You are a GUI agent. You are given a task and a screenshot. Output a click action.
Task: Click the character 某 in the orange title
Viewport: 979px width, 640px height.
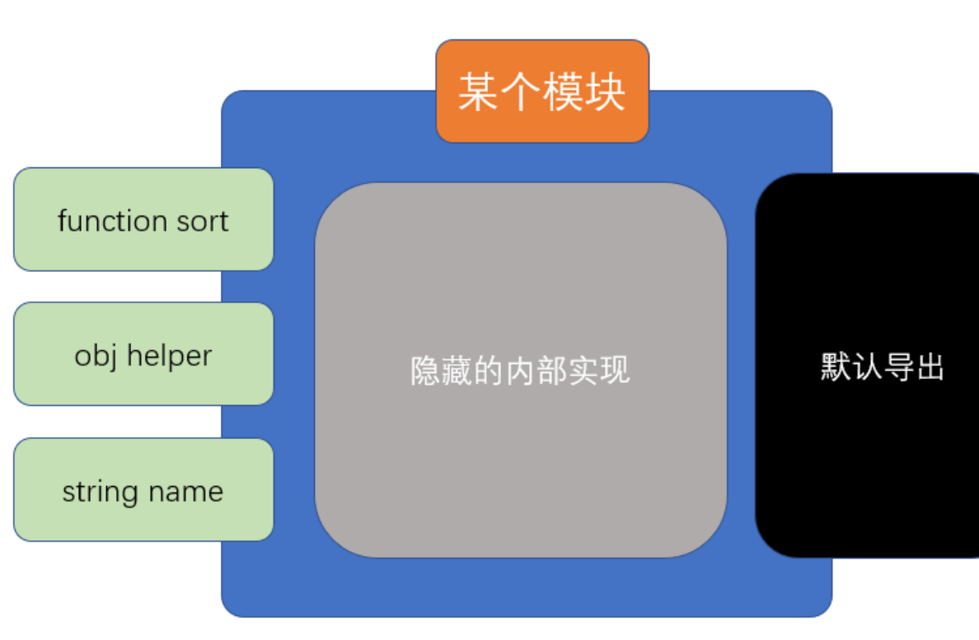click(x=479, y=92)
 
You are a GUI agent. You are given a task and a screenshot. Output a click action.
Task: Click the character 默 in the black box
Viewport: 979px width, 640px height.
click(x=836, y=367)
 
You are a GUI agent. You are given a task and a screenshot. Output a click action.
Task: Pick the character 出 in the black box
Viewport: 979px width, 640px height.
click(x=930, y=367)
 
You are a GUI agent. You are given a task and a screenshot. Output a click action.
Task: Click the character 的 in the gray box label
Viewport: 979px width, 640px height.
click(x=489, y=371)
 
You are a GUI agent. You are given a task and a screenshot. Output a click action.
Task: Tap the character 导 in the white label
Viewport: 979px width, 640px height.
click(x=898, y=367)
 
